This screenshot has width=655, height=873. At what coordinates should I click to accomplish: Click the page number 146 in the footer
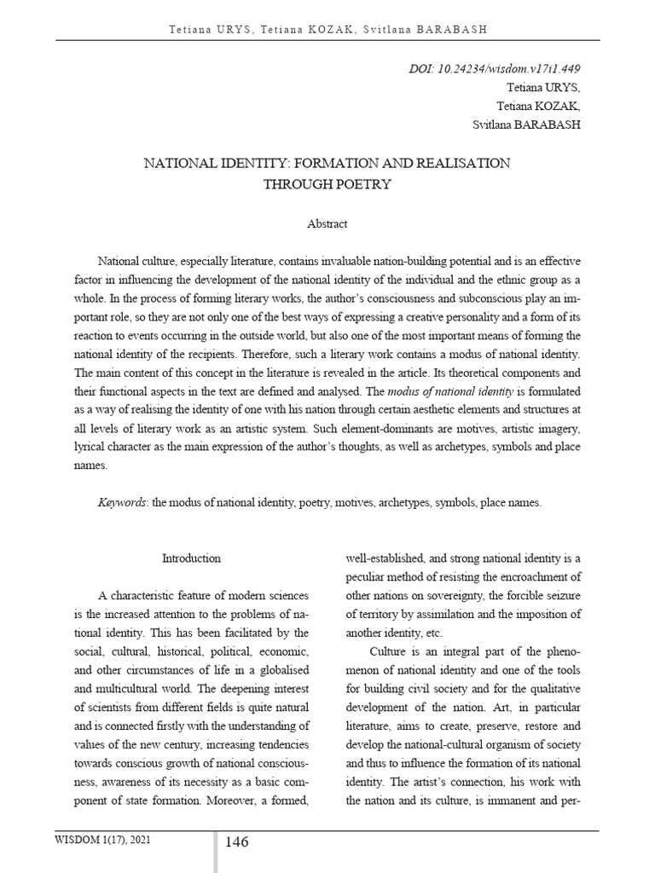coord(237,842)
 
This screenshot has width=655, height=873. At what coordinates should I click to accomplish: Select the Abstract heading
coord(327,223)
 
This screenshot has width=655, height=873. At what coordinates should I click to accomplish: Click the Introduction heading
coord(191,558)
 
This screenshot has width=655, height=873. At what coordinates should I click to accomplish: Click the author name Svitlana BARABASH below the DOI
coord(526,124)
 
